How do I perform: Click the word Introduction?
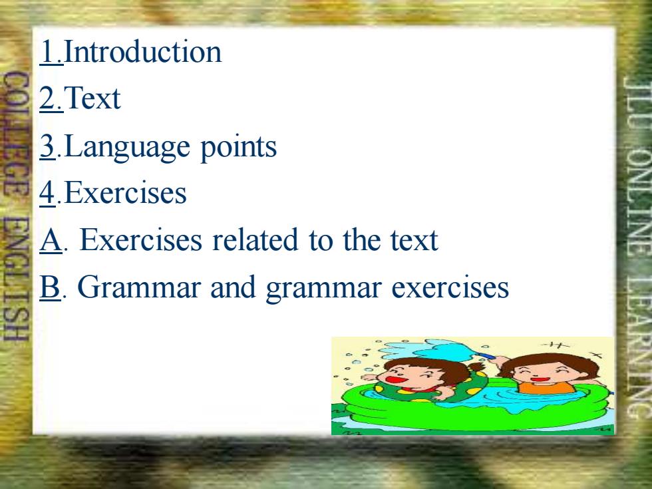142,52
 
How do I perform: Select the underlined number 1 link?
51,52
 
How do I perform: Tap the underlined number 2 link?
51,98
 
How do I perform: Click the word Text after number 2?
92,98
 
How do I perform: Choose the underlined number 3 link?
48,146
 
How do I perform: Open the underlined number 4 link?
48,193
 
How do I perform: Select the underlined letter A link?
51,240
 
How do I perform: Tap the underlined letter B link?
51,287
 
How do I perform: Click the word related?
255,240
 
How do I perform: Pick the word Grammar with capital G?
139,287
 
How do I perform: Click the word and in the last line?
233,287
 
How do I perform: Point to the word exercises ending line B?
450,287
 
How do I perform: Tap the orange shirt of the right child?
546,387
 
